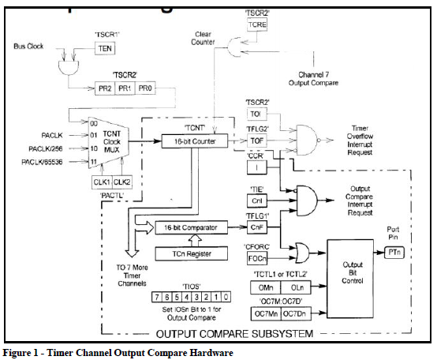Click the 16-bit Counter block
(194, 141)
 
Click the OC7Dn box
(293, 314)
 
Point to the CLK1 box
(99, 182)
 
